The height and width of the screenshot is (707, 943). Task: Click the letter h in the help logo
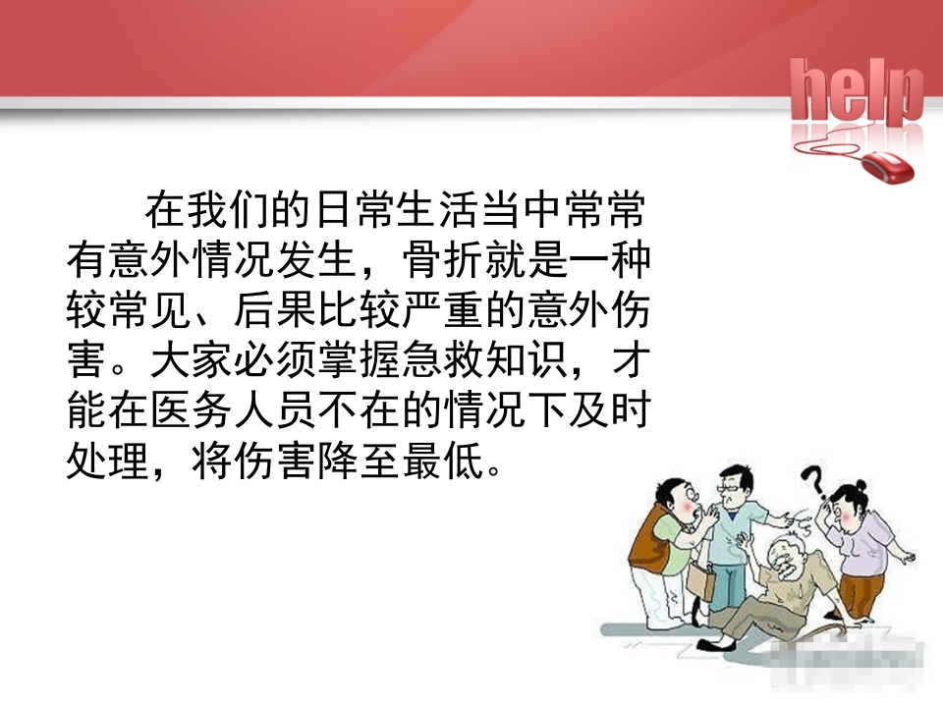tap(811, 91)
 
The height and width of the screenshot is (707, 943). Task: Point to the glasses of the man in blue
tap(732, 489)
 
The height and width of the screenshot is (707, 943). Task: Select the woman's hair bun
tap(861, 483)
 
